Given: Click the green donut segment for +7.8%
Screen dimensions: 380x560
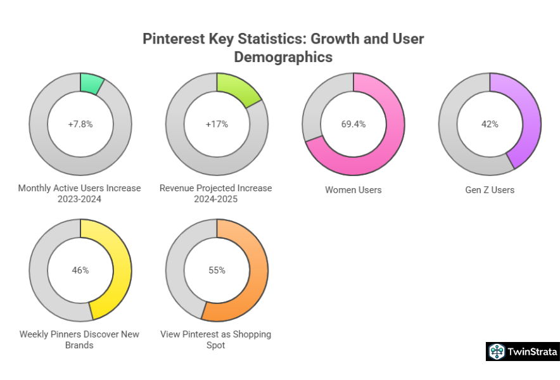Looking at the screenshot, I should tap(91, 83).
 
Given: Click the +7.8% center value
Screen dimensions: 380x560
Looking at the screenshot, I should tap(80, 124).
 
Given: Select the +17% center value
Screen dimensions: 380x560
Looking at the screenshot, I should tap(217, 124).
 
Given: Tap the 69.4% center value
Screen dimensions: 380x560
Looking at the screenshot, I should tap(353, 124).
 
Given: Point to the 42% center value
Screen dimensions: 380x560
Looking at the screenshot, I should tap(490, 124).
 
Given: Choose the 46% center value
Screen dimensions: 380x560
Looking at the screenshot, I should tap(80, 270).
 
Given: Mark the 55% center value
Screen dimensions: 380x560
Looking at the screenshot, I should tap(217, 270).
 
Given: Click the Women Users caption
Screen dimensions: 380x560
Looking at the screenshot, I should tap(353, 190).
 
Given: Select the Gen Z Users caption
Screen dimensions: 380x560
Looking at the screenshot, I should tap(490, 190).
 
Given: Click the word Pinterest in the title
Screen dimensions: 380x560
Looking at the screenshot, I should tap(172, 39).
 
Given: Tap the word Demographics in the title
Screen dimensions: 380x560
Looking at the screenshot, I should tap(283, 57).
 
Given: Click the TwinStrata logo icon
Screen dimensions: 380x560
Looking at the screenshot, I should tap(496, 351).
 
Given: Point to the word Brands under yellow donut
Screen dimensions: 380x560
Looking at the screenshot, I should tap(80, 345).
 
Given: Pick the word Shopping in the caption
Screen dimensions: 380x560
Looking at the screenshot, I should tap(251, 334).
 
